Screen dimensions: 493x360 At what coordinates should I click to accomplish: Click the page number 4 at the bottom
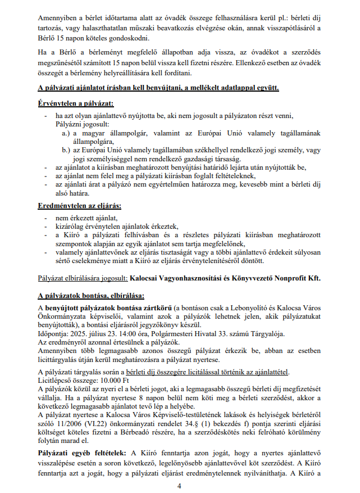(x=179, y=485)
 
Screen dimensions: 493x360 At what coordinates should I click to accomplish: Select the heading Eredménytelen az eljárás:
(x=76, y=206)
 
